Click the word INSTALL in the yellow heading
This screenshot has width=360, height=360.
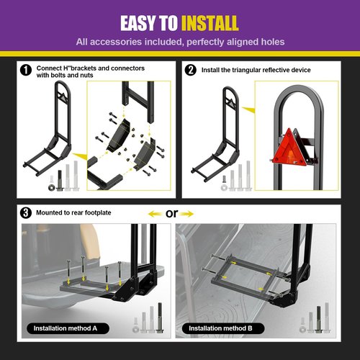point(210,23)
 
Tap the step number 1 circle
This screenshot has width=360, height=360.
point(26,71)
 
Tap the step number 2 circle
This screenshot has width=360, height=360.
point(191,70)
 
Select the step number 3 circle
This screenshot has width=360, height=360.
point(26,213)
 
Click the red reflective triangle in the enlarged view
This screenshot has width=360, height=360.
point(289,148)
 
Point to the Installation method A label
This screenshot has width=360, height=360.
point(68,328)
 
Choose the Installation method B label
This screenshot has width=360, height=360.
point(223,328)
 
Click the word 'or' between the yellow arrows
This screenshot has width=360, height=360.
point(171,213)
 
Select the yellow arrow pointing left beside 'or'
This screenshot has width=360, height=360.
point(155,214)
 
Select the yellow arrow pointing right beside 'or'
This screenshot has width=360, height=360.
point(186,214)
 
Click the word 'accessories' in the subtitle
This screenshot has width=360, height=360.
point(116,42)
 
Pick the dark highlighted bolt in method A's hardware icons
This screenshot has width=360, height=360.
point(160,318)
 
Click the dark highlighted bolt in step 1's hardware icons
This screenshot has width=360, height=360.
point(60,181)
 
